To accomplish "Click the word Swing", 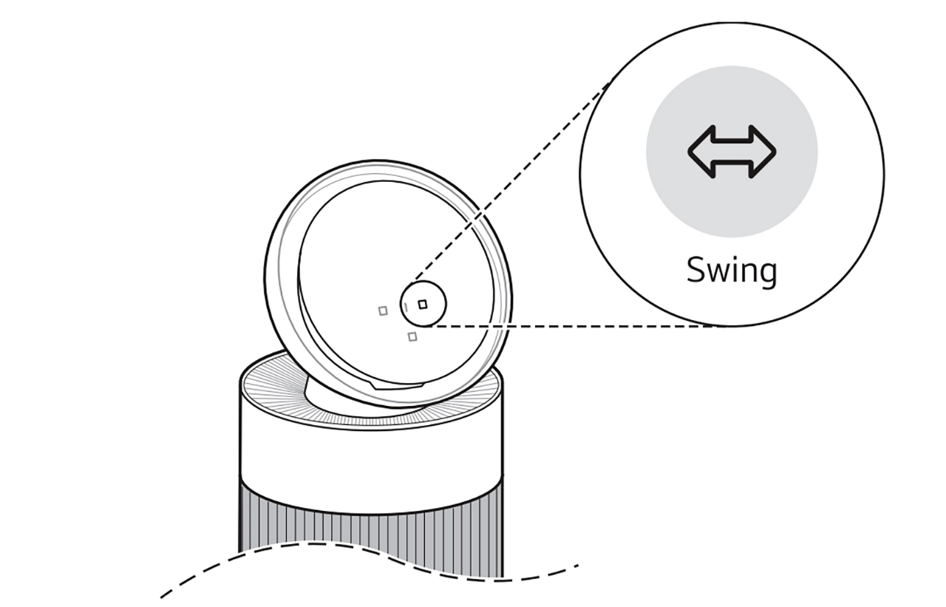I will (732, 271).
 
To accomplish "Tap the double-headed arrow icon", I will (732, 152).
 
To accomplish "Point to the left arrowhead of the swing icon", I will (698, 152).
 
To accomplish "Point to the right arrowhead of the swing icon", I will (765, 152).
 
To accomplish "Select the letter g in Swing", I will (767, 273).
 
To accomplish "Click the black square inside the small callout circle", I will (423, 304).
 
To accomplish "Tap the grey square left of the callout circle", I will (383, 311).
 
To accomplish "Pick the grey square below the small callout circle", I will (412, 337).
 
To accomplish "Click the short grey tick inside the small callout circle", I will (406, 306).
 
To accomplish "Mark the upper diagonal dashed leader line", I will (510, 177).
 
